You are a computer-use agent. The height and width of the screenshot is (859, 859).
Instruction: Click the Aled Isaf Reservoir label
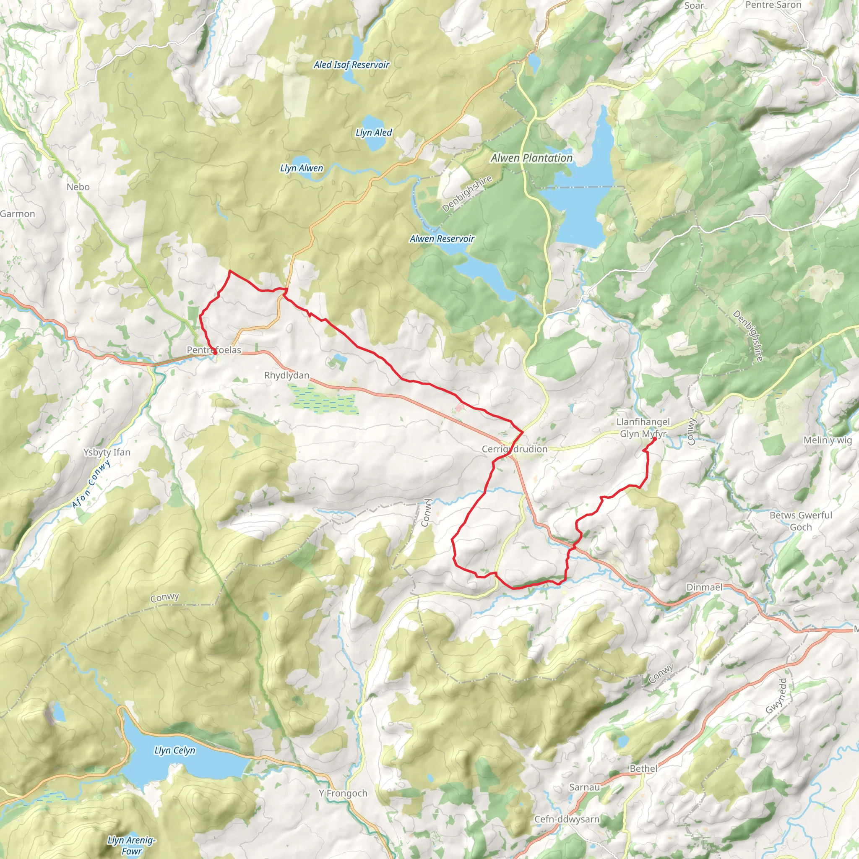point(351,65)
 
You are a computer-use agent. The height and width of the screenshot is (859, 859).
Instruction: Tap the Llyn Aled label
point(373,133)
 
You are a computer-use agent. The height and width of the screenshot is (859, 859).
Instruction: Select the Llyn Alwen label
point(302,168)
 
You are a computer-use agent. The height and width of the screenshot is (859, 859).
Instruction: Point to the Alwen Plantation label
point(531,158)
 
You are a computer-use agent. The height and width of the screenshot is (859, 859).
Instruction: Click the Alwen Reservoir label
point(442,239)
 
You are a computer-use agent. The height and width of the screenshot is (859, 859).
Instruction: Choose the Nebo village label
point(78,187)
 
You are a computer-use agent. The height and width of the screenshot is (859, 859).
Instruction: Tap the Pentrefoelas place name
point(214,350)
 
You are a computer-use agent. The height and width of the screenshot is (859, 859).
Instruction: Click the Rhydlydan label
point(287,375)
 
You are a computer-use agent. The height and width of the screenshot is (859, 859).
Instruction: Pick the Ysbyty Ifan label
point(107,452)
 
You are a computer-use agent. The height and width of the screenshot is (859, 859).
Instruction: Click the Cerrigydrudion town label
point(514,449)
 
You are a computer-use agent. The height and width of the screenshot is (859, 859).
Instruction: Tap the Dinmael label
point(704,587)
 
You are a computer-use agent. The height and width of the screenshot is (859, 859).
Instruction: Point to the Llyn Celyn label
point(174,750)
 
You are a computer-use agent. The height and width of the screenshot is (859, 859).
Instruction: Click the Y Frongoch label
point(343,793)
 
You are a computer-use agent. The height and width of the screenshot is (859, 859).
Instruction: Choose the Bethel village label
point(643,768)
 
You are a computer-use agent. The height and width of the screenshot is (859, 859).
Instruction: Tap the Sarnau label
point(584,787)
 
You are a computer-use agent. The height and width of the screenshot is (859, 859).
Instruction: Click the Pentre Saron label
point(773,5)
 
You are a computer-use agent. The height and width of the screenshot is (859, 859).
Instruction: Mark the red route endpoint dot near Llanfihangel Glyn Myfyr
point(654,439)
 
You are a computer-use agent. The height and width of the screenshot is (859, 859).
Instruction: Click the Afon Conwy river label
point(91,484)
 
